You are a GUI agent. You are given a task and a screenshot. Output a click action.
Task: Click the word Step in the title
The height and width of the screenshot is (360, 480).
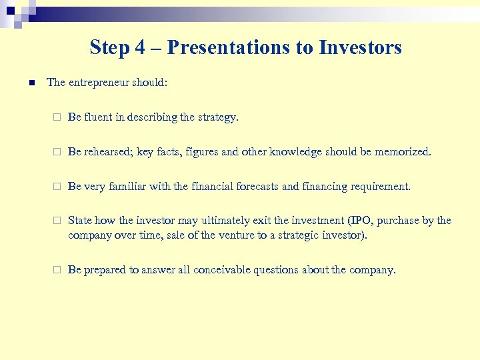[109, 47]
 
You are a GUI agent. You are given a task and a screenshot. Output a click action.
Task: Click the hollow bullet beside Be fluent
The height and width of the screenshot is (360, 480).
[57, 117]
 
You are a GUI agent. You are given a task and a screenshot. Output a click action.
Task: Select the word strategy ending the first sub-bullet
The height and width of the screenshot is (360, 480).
[217, 117]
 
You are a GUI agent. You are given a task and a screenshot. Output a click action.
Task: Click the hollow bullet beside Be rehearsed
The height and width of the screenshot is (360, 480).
[57, 152]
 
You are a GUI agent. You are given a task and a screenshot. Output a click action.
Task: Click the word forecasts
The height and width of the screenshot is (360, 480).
[256, 187]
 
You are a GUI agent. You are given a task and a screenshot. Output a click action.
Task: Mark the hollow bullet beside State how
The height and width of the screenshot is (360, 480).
[57, 221]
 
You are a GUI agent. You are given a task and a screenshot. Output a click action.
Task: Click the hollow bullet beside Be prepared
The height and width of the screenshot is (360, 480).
[57, 270]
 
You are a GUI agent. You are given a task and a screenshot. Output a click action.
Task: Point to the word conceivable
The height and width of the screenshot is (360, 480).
[219, 270]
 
